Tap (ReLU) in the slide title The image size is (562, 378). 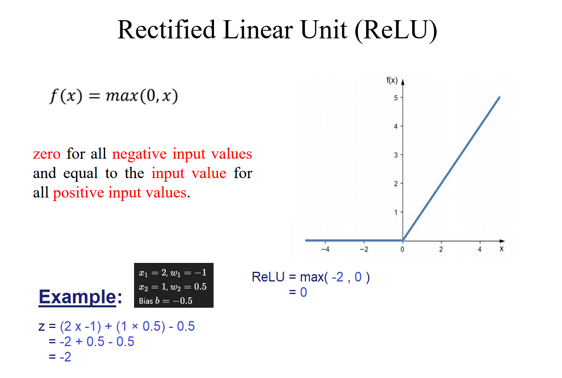396,30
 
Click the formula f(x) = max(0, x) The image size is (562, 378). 114,96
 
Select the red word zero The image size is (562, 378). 47,154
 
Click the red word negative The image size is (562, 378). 139,153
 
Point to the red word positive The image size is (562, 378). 79,193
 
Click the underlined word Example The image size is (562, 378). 77,297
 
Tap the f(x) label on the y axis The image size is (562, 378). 392,80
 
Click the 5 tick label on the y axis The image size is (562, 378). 396,98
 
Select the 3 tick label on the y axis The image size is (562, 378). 396,155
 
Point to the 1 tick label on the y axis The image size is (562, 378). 396,212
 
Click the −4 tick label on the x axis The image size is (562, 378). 325,249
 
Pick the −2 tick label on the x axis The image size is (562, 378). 364,249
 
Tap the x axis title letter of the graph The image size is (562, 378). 501,249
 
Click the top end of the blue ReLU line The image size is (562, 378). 499,97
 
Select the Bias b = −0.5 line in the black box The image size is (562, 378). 166,300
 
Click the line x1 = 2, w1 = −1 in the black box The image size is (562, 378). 173,273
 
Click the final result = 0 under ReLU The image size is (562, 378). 298,292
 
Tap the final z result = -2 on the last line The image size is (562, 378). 60,357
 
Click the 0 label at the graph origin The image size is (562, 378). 402,249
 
